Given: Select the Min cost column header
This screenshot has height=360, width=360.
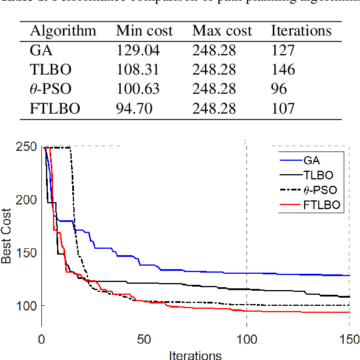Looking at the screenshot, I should [144, 31].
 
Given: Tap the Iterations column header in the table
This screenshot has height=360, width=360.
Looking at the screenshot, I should [301, 31].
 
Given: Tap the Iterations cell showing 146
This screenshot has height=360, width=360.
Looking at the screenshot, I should [283, 69].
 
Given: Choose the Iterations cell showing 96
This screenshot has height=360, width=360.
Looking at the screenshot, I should [280, 89].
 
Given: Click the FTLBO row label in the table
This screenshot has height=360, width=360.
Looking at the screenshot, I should [54, 108].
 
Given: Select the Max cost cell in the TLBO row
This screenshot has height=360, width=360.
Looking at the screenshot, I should [214, 69].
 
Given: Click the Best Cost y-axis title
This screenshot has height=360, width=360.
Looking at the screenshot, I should [7, 236].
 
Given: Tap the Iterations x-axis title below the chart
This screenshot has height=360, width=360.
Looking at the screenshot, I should [195, 354].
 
